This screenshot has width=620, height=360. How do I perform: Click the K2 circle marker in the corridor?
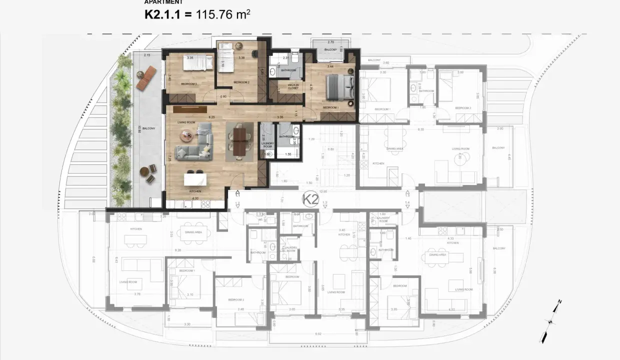coord(311,199)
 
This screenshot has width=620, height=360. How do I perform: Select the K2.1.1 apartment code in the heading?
coord(161,15)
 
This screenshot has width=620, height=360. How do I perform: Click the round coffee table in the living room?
coord(187,135)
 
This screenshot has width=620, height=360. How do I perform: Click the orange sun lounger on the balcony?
coord(146,77)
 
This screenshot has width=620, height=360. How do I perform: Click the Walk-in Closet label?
coord(293,87)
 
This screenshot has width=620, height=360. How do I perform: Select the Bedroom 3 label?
coord(188,84)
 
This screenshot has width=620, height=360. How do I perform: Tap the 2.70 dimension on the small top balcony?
coord(330,42)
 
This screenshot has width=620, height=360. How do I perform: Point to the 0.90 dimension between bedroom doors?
coord(223,96)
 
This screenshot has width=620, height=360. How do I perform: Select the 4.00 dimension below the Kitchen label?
coord(195,198)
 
